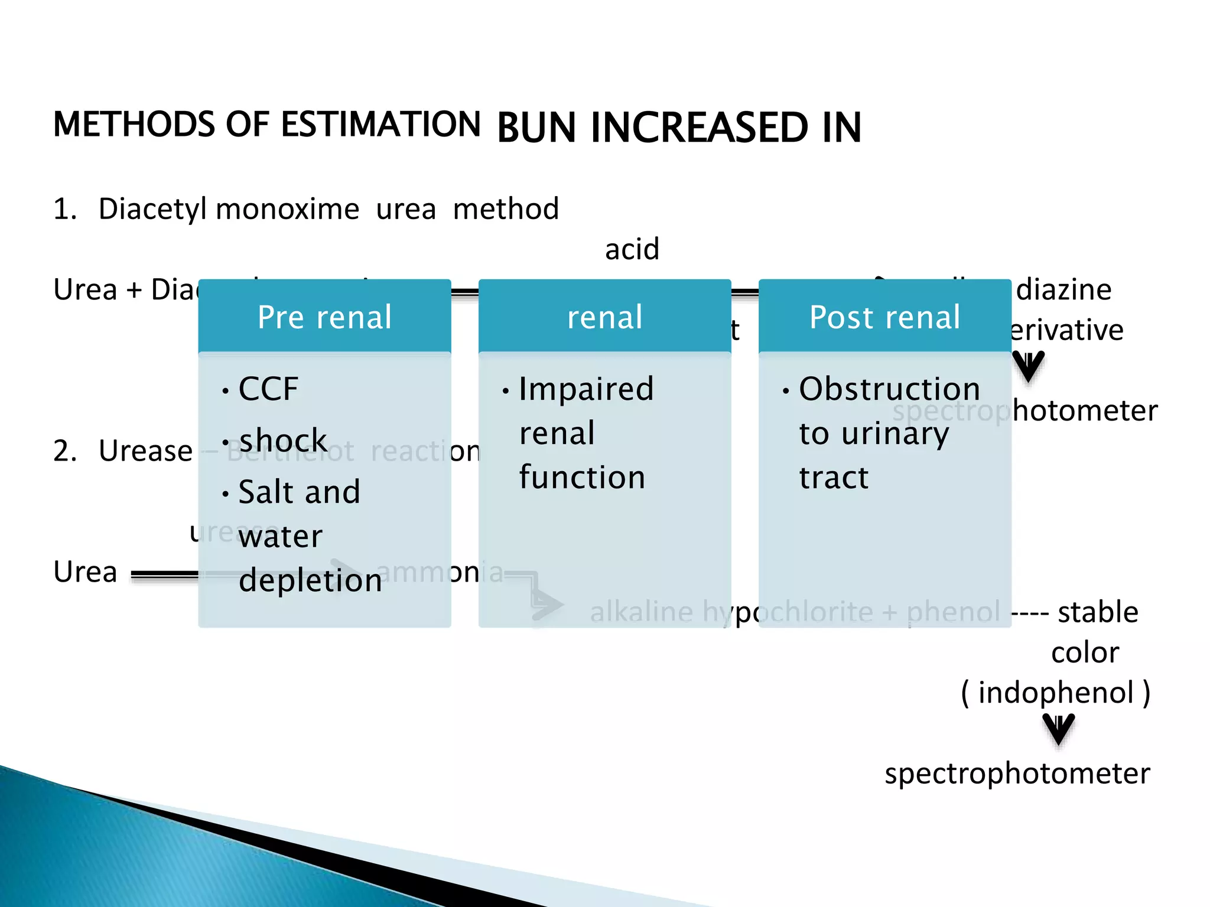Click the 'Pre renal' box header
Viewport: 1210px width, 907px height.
324,317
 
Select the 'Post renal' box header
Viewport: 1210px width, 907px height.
884,317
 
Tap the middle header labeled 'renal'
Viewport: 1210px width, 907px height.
604,317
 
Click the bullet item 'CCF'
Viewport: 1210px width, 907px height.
268,389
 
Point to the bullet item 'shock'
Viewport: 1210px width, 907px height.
282,441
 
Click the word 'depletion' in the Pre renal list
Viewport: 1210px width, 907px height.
310,580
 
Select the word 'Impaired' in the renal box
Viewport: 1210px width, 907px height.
586,389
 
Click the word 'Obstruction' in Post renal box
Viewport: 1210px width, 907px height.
889,389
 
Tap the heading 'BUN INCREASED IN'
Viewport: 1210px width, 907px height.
679,128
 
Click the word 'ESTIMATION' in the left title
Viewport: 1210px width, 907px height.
380,125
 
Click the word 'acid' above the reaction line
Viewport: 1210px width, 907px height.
632,249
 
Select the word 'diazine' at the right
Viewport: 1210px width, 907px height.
1063,289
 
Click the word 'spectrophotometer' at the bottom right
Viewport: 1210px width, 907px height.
1017,773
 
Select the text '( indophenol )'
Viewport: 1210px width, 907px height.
1055,692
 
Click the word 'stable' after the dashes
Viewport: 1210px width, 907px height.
1098,612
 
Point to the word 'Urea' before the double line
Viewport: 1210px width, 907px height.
85,572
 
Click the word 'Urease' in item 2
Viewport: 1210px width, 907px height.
145,451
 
